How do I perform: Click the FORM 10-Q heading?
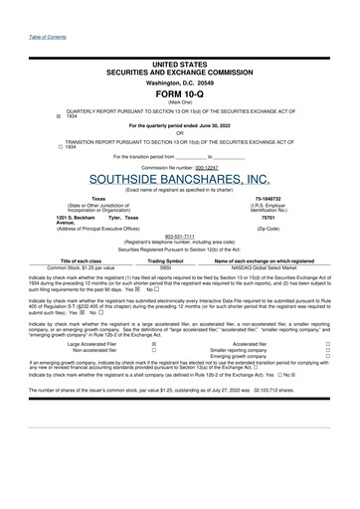pyautogui.click(x=180, y=92)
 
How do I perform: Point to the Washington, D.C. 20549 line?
pyautogui.click(x=180, y=82)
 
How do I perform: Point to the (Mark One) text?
pyautogui.click(x=180, y=102)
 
